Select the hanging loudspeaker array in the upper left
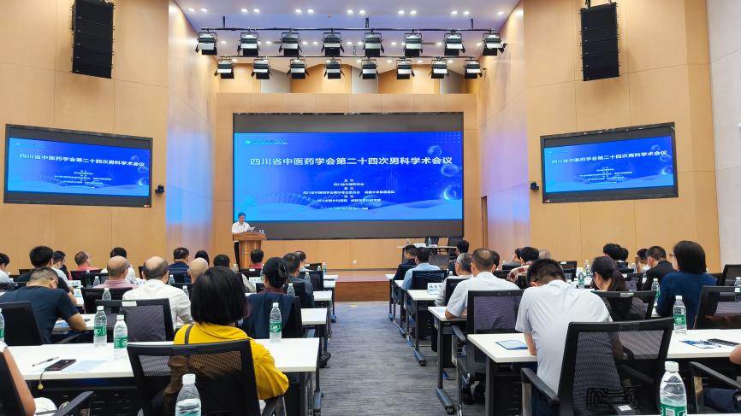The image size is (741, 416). pyautogui.click(x=92, y=38)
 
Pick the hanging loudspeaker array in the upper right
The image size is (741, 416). pyautogui.click(x=599, y=41)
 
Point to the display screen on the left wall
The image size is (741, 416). pyautogui.click(x=78, y=166)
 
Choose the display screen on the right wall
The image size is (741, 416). pyautogui.click(x=608, y=163)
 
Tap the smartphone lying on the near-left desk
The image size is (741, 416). pyautogui.click(x=60, y=365)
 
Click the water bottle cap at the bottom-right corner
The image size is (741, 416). pyautogui.click(x=672, y=366)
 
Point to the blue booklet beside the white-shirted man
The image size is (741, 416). pyautogui.click(x=512, y=344)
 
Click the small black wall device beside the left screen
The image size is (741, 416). pyautogui.click(x=159, y=189)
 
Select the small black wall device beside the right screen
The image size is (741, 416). pyautogui.click(x=534, y=185)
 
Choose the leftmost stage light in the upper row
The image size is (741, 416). pyautogui.click(x=206, y=43)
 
